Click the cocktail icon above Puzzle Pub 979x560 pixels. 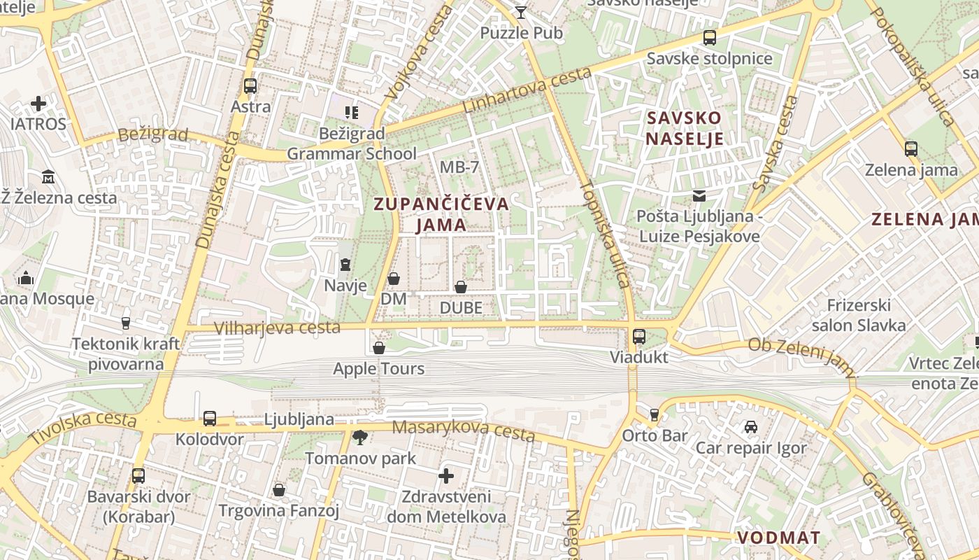coord(521,11)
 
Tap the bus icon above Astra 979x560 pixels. coord(250,86)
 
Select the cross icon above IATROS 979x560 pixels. coord(38,104)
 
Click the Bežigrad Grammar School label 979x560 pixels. coord(352,143)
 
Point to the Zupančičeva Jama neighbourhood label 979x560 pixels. coord(441,214)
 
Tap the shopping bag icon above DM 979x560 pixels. coord(394,279)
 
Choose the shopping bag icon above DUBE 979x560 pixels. coord(461,287)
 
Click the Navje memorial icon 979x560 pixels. coord(345,265)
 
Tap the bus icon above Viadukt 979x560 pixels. coord(638,337)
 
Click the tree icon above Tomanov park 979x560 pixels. coord(360,438)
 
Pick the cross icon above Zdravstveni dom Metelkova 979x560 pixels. coord(446,477)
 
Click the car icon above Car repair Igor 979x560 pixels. coord(750,427)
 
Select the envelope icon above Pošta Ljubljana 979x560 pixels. coord(699,196)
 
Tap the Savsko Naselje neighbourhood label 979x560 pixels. coord(684,128)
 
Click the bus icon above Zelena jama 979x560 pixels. coord(910,149)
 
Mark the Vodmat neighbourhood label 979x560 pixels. coord(778,538)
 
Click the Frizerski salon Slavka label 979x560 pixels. coord(859,315)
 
